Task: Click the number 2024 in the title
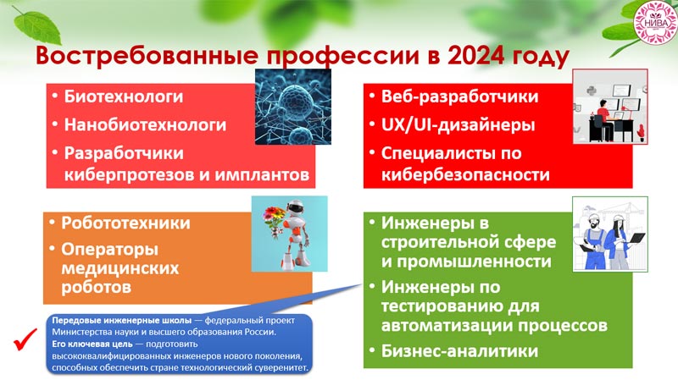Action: coord(475,55)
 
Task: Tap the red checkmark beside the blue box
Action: coord(25,339)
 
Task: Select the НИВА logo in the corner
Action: coord(654,23)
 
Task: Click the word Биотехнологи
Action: coord(124,96)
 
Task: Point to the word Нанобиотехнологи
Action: coord(145,124)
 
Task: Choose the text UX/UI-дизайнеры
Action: coord(458,125)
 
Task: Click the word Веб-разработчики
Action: coord(459,96)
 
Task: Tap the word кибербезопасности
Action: coord(465,175)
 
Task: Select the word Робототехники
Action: coord(125,223)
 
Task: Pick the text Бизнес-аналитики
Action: coord(459,350)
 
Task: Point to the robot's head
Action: coord(294,210)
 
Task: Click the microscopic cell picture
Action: coord(292,107)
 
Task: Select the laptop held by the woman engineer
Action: coord(635,238)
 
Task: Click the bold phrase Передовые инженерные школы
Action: coord(122,321)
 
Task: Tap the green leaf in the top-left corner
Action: coord(37,27)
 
